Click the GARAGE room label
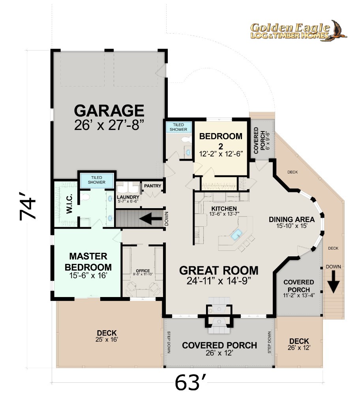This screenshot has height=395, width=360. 109,111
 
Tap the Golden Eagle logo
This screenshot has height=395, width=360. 298,31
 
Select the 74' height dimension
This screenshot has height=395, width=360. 28,206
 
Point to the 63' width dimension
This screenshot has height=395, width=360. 191,382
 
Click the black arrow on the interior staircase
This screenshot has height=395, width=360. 150,218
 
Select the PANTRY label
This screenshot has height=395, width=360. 152,186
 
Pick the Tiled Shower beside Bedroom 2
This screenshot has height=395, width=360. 178,127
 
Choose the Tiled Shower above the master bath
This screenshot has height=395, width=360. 97,180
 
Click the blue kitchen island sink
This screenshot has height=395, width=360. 236,235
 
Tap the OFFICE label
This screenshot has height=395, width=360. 143,271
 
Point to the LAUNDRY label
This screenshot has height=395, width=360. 128,197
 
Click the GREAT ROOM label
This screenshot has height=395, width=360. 219,271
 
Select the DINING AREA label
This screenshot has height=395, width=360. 292,219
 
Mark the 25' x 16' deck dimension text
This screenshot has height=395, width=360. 107,340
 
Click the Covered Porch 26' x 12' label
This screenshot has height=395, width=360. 219,349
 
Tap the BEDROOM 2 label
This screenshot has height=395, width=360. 221,141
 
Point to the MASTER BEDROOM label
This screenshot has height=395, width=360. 88,261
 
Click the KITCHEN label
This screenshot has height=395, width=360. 224,209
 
